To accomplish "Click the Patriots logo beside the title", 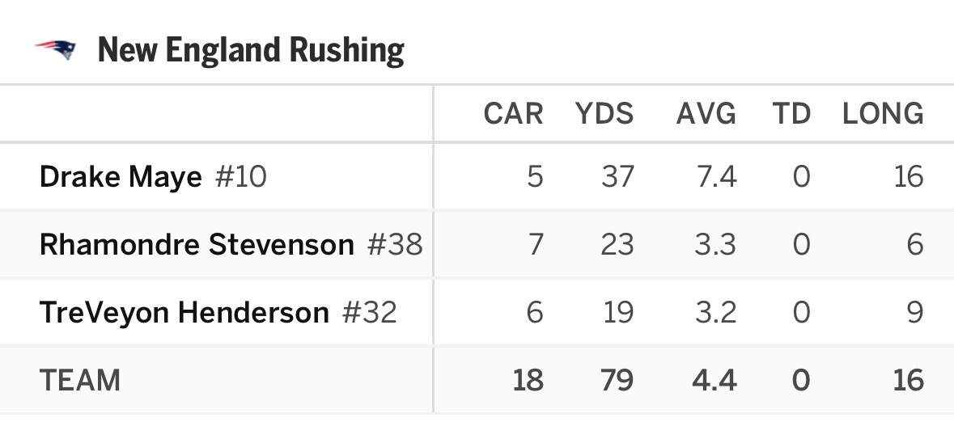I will click(56, 50).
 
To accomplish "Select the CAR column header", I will click(513, 114).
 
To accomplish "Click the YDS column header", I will click(604, 114).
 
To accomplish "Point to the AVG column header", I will click(706, 114).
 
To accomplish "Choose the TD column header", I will click(791, 114).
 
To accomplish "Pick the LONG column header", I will click(883, 114).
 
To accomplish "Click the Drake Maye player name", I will click(121, 176).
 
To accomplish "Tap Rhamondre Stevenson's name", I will click(197, 244).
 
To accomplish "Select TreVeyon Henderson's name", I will click(184, 312).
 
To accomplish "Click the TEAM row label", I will click(79, 380).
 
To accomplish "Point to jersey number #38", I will click(395, 244).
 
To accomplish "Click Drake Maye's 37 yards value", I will click(617, 176).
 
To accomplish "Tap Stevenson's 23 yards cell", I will click(617, 244).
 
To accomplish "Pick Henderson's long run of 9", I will click(914, 312).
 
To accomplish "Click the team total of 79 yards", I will click(616, 380).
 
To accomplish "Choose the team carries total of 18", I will click(528, 380).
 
